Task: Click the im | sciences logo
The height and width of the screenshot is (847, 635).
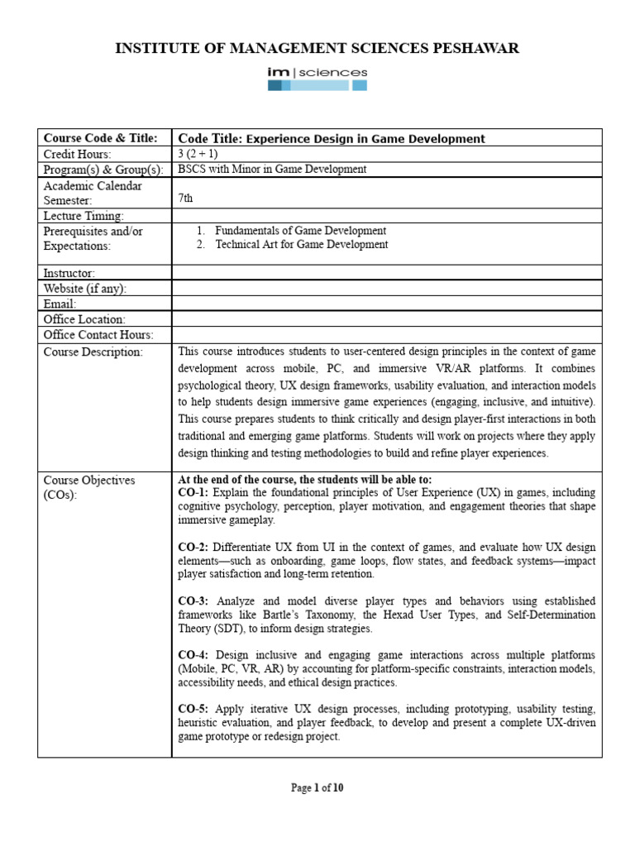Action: [x=317, y=79]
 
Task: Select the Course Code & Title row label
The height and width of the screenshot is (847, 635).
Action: [x=99, y=138]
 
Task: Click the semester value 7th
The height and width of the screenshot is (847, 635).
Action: [x=186, y=199]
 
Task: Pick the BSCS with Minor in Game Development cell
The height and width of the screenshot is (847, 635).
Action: [x=272, y=170]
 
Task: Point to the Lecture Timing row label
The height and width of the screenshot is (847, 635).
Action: [x=83, y=216]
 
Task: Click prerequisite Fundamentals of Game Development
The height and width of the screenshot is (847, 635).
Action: [x=300, y=231]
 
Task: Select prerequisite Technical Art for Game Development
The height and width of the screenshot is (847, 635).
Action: [x=301, y=245]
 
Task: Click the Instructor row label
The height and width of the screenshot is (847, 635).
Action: [x=69, y=273]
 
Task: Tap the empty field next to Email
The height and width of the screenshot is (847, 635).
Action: [x=386, y=304]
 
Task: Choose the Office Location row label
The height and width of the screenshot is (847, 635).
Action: [x=84, y=319]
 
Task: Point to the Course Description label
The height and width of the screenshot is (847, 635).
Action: [x=93, y=352]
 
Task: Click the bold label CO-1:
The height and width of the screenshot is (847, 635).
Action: [x=193, y=493]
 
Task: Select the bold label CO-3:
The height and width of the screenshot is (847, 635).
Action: [x=193, y=601]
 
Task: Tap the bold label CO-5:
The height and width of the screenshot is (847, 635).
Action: [x=193, y=709]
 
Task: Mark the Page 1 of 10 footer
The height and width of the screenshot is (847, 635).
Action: [x=317, y=788]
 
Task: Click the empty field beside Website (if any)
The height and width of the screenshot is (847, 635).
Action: [x=386, y=289]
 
